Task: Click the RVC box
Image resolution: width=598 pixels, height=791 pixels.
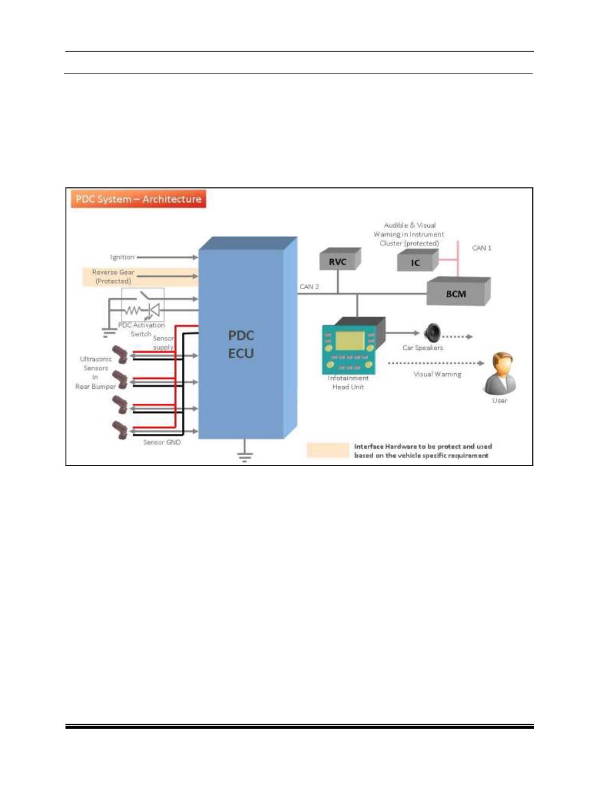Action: pyautogui.click(x=338, y=261)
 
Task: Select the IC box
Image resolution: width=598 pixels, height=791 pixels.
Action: pyautogui.click(x=416, y=262)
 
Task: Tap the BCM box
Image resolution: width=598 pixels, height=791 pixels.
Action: pyautogui.click(x=456, y=293)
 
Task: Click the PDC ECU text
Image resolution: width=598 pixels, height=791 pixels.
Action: pyautogui.click(x=241, y=344)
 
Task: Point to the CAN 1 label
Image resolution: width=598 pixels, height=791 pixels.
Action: pyautogui.click(x=482, y=248)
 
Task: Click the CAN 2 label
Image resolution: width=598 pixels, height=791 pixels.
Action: pyautogui.click(x=309, y=286)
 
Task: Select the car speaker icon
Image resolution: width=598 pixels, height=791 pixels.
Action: pyautogui.click(x=432, y=333)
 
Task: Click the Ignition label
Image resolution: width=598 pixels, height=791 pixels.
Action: pyautogui.click(x=122, y=257)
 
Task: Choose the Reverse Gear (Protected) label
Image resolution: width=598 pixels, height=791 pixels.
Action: pyautogui.click(x=113, y=276)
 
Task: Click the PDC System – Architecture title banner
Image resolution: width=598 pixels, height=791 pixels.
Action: pyautogui.click(x=138, y=199)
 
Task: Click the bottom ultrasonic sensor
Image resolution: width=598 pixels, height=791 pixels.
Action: pyautogui.click(x=120, y=430)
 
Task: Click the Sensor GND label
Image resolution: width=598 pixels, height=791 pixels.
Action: pyautogui.click(x=162, y=442)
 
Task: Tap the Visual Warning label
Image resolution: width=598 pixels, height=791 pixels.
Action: pyautogui.click(x=437, y=374)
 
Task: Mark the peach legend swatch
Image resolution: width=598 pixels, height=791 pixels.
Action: pyautogui.click(x=328, y=450)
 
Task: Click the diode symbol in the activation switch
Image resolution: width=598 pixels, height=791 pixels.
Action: pyautogui.click(x=154, y=310)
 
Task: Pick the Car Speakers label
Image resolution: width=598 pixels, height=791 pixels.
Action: pyautogui.click(x=423, y=348)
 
